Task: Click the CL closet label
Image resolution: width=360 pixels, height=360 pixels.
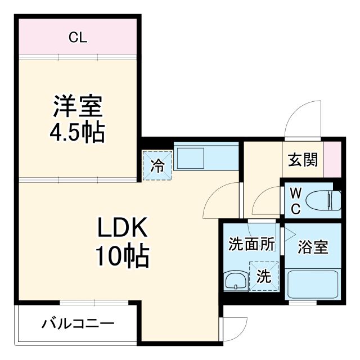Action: point(78,38)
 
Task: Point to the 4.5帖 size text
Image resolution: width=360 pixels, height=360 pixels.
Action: point(78,133)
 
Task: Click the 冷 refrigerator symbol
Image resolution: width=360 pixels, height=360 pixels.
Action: point(158,166)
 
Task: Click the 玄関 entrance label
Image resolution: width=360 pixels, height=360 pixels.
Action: point(303,160)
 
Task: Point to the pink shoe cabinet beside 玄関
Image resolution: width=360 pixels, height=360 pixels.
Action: point(332,159)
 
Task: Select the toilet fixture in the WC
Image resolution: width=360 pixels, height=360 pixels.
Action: point(328,200)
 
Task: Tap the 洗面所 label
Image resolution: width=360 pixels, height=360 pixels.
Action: point(251,245)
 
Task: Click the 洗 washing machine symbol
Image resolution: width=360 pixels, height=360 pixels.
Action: point(264,276)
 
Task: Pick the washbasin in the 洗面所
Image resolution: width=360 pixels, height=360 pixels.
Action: point(232,281)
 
